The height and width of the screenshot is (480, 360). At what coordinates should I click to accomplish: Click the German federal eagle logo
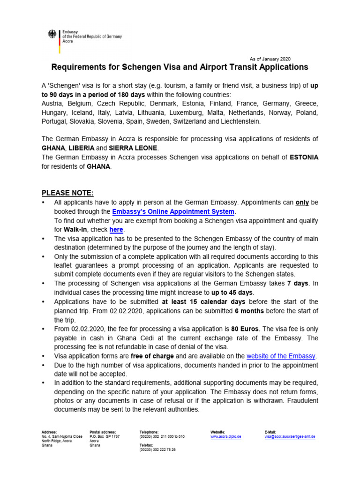[x=52, y=34]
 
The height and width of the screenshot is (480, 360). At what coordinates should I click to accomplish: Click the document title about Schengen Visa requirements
[x=180, y=67]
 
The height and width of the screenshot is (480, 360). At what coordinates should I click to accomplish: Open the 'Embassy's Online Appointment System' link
[x=173, y=211]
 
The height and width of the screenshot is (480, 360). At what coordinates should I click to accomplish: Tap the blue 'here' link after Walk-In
[x=116, y=230]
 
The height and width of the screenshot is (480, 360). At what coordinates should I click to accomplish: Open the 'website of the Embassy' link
[x=281, y=356]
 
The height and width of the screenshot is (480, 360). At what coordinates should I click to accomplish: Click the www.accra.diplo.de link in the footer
[x=226, y=436]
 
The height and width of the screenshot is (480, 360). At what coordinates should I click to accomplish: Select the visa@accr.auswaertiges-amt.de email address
[x=290, y=436]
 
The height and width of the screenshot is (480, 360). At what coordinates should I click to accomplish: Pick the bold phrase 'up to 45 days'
[x=232, y=292]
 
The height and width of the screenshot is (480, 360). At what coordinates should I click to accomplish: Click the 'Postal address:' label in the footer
[x=102, y=432]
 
